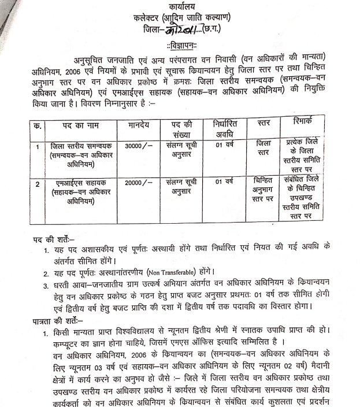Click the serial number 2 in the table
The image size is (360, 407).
pos(38,184)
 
